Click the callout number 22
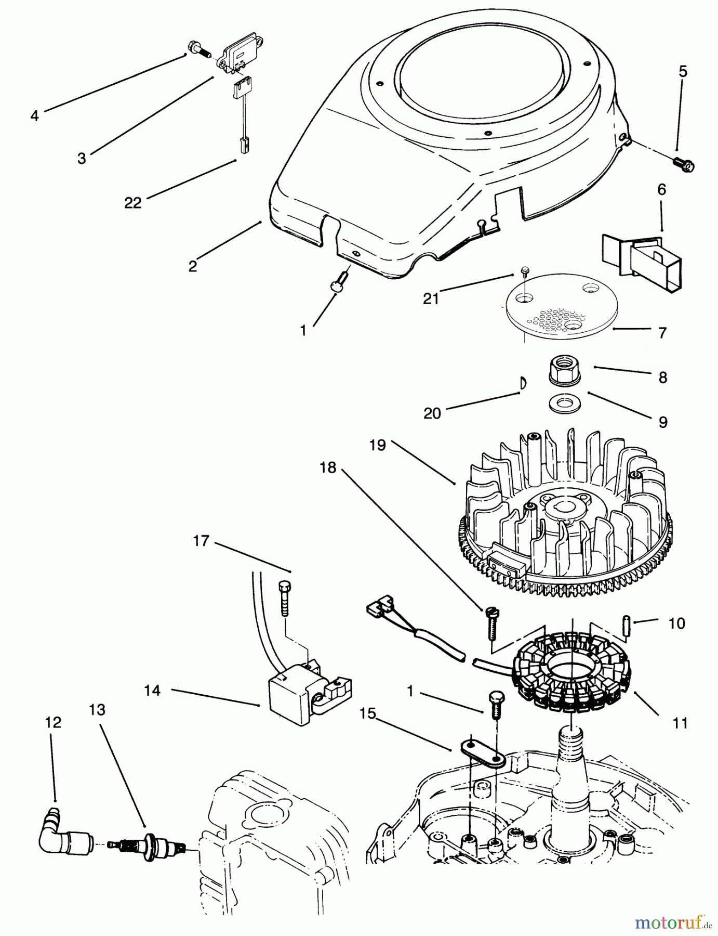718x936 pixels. click(x=132, y=203)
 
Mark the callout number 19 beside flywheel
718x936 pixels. click(x=378, y=446)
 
